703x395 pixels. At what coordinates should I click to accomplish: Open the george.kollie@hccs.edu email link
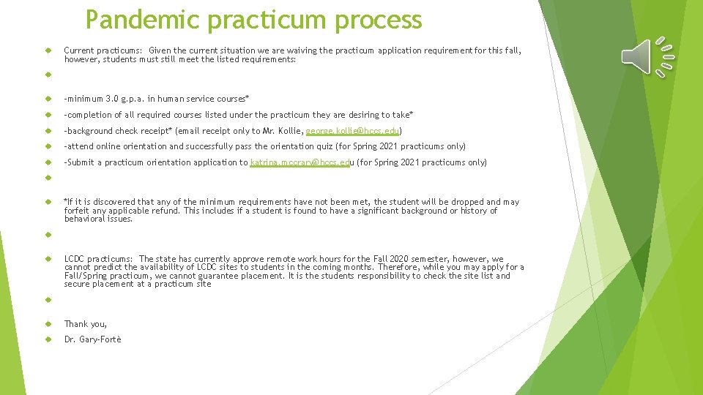pos(351,131)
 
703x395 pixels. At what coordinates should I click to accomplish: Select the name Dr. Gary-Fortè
pos(93,339)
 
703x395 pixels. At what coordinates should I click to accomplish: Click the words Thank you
pos(85,324)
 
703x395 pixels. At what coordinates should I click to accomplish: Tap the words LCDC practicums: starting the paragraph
pos(98,259)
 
